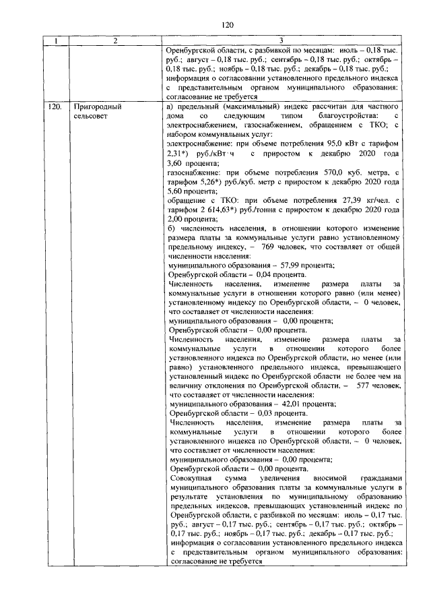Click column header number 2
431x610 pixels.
click(x=115, y=42)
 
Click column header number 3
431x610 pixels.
click(x=283, y=42)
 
